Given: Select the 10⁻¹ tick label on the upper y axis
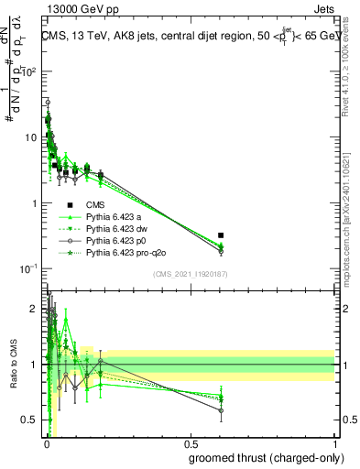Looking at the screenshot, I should pos(31,268).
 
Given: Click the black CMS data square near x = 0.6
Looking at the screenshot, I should pos(221,235).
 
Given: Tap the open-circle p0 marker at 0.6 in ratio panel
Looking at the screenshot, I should pos(221,410).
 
